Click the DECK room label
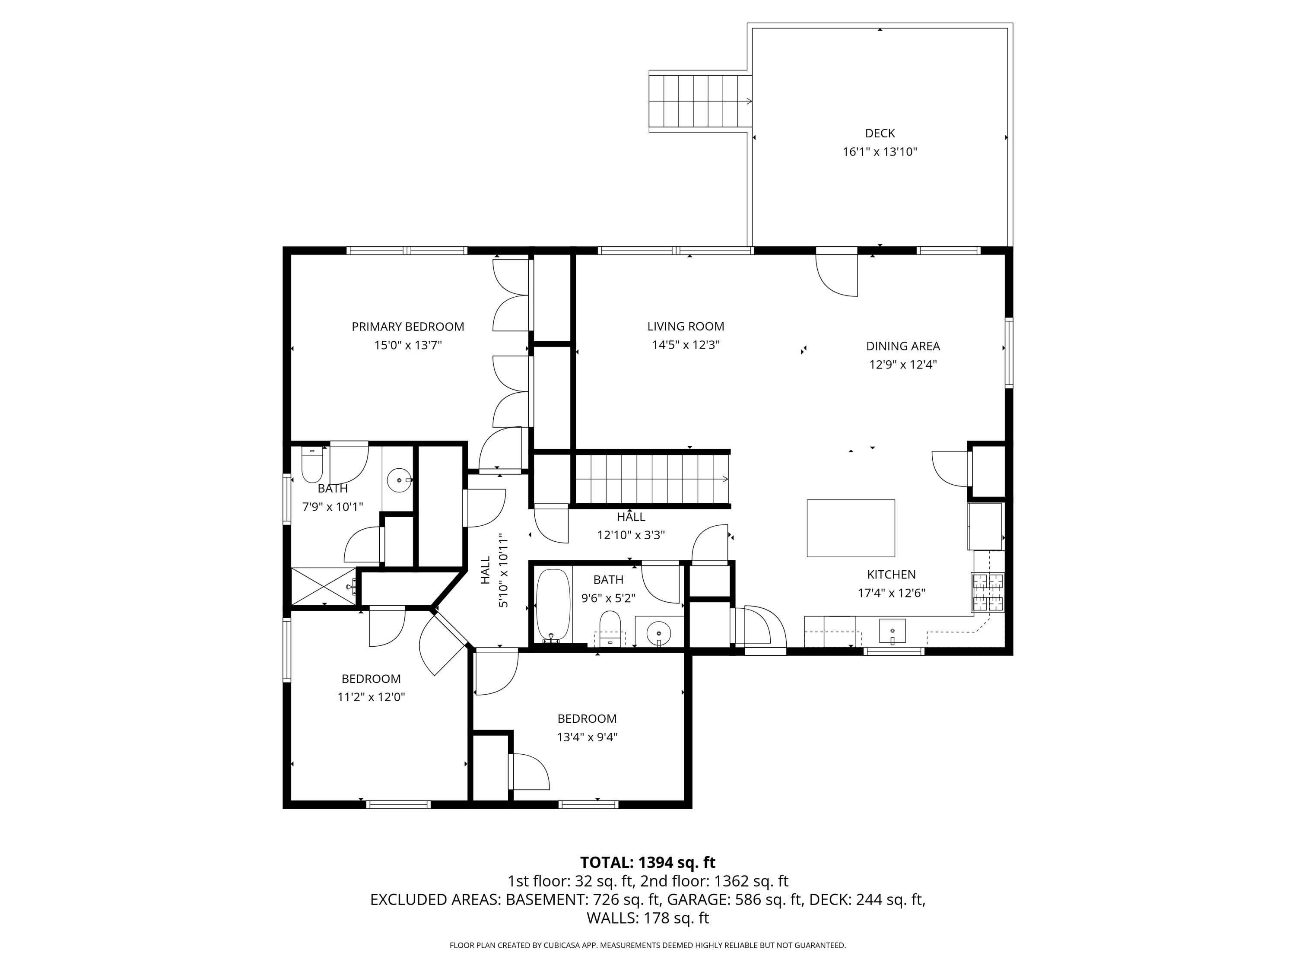click(x=880, y=133)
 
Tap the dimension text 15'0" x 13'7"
click(x=408, y=345)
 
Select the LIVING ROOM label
click(x=686, y=326)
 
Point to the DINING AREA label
click(x=903, y=346)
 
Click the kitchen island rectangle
click(x=850, y=528)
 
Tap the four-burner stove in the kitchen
click(x=988, y=592)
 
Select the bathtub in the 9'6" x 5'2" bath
click(x=553, y=605)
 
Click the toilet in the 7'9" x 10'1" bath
click(x=312, y=464)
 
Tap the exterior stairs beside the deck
click(x=700, y=102)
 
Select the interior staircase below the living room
click(x=651, y=479)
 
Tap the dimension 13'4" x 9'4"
click(x=587, y=737)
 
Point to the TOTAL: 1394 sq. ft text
click(x=648, y=862)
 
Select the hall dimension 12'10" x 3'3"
click(x=630, y=535)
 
